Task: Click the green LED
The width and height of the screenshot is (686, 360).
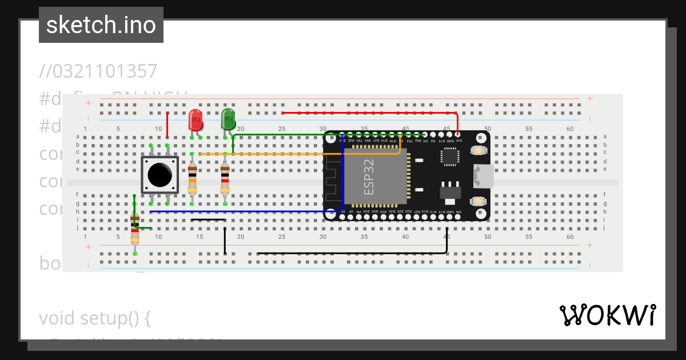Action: tap(228, 119)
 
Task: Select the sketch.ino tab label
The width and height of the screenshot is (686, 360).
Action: tap(101, 25)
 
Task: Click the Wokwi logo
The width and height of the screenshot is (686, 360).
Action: tap(607, 315)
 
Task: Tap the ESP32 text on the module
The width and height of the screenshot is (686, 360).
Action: tap(369, 177)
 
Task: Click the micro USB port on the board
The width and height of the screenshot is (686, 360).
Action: tap(484, 176)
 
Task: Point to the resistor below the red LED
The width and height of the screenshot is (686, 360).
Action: tap(192, 179)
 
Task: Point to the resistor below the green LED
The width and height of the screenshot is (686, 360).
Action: tap(225, 179)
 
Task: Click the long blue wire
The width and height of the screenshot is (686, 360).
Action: tap(240, 211)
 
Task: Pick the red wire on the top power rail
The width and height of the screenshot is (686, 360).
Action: tap(366, 113)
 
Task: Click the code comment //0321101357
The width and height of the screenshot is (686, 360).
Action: tap(98, 71)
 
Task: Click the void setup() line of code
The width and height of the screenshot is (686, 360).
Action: tap(95, 318)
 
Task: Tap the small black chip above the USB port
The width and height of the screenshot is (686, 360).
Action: tap(450, 157)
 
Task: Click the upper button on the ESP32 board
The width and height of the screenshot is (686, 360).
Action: tap(477, 150)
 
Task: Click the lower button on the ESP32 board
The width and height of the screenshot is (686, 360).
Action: tap(477, 202)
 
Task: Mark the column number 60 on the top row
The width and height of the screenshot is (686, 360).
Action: tap(570, 129)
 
